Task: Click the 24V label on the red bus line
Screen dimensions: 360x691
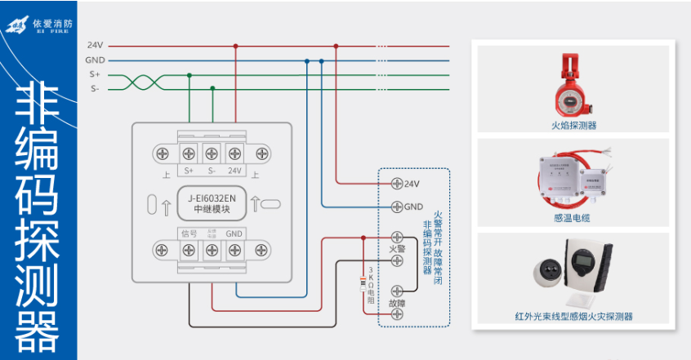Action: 95,47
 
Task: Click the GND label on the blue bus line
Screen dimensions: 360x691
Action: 95,60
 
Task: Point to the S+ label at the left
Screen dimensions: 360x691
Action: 95,74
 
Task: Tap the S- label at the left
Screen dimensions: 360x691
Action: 95,88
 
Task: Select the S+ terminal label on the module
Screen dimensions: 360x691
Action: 189,171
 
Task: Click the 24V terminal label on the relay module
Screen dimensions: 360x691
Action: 235,171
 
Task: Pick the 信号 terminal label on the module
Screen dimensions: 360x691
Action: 189,234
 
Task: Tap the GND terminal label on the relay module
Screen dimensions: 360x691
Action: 235,234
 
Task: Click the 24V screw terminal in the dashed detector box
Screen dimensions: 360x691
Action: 398,183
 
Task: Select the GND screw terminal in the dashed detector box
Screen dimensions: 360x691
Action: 398,207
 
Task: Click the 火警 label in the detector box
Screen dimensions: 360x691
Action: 397,248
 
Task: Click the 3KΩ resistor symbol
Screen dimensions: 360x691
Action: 363,283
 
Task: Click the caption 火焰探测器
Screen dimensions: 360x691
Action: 573,126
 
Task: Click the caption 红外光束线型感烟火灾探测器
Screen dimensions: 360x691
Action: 573,316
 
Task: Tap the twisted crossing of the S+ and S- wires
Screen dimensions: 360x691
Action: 140,82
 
